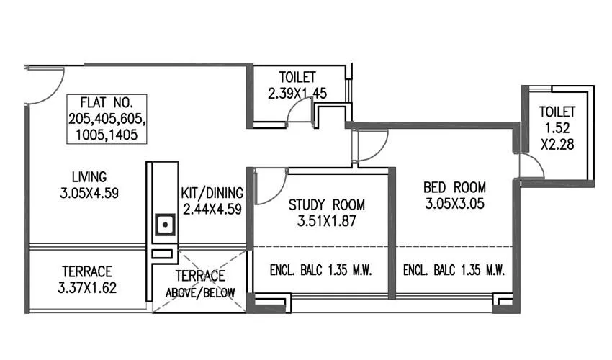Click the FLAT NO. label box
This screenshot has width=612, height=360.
[x=107, y=119]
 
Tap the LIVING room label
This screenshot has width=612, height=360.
[x=89, y=176]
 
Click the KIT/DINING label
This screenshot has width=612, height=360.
[x=212, y=193]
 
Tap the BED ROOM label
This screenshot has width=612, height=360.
[x=454, y=187]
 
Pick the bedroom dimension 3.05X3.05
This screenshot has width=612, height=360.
[x=454, y=204]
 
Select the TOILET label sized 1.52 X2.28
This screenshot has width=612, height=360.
[x=558, y=112]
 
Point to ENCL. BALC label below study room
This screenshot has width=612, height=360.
[x=320, y=271]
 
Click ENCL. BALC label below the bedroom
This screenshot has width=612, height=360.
[x=454, y=271]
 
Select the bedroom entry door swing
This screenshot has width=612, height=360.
[x=372, y=146]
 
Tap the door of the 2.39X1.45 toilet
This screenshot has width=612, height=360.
[x=298, y=114]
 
